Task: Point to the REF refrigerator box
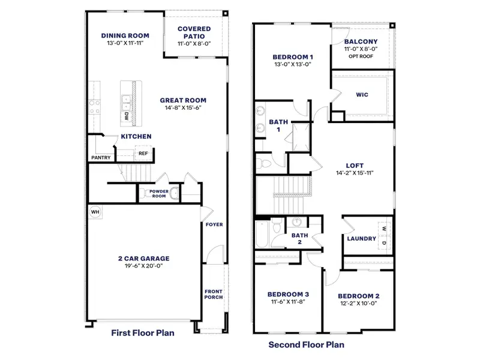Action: point(143,154)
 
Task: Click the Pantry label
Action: point(101,158)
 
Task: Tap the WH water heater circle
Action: point(95,212)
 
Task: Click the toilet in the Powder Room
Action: point(173,193)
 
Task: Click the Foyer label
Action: point(214,225)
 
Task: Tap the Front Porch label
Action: point(213,294)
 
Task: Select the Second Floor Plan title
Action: point(306,345)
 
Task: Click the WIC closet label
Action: point(362,94)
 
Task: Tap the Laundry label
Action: point(362,239)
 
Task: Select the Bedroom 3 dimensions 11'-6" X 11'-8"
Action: point(287,302)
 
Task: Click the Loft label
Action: point(355,166)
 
